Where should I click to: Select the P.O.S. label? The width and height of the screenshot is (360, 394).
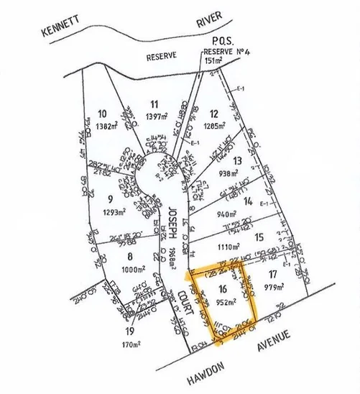(x=216, y=42)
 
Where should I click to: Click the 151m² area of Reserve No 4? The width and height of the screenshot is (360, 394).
(x=215, y=61)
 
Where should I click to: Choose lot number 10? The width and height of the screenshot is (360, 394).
(x=102, y=114)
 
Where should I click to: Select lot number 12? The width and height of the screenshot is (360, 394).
(x=213, y=114)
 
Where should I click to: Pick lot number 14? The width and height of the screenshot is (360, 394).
(x=248, y=202)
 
